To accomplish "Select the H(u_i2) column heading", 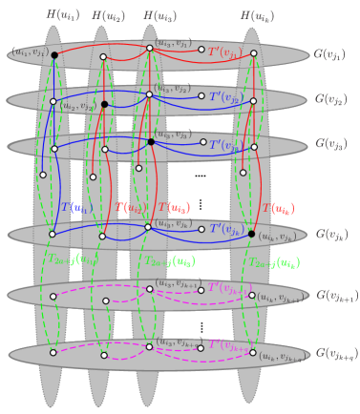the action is pos(108,15).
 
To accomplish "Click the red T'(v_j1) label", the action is pos(225,52).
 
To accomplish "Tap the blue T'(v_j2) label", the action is pos(225,97).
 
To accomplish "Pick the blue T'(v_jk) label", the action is pos(225,230).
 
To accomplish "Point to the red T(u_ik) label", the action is pos(278,208).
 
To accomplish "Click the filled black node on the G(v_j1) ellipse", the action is pos(54,55).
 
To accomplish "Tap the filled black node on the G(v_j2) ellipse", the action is pos(104,104).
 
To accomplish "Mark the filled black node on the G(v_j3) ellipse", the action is pos(151,142).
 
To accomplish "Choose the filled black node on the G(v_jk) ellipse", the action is pos(251,234).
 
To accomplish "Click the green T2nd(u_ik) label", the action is pos(275,262).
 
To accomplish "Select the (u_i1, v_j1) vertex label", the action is pos(30,52).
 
